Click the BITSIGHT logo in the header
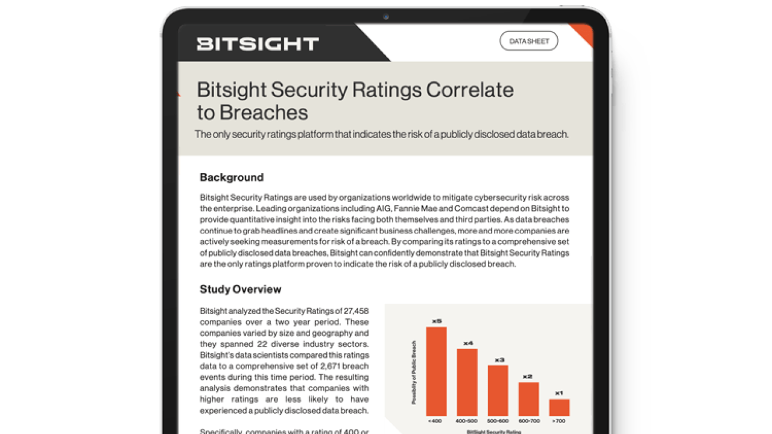(x=258, y=43)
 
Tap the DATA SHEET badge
(x=528, y=41)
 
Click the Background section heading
(x=232, y=177)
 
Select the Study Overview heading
(x=241, y=289)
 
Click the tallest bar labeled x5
(x=436, y=371)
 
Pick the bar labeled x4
(x=467, y=382)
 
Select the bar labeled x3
(x=498, y=390)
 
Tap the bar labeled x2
(x=528, y=398)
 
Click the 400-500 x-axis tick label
(x=467, y=420)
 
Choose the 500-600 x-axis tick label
(x=498, y=420)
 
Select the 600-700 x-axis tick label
(x=528, y=420)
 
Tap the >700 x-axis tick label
(x=559, y=420)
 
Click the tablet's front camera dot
(x=386, y=17)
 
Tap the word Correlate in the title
(x=470, y=90)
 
